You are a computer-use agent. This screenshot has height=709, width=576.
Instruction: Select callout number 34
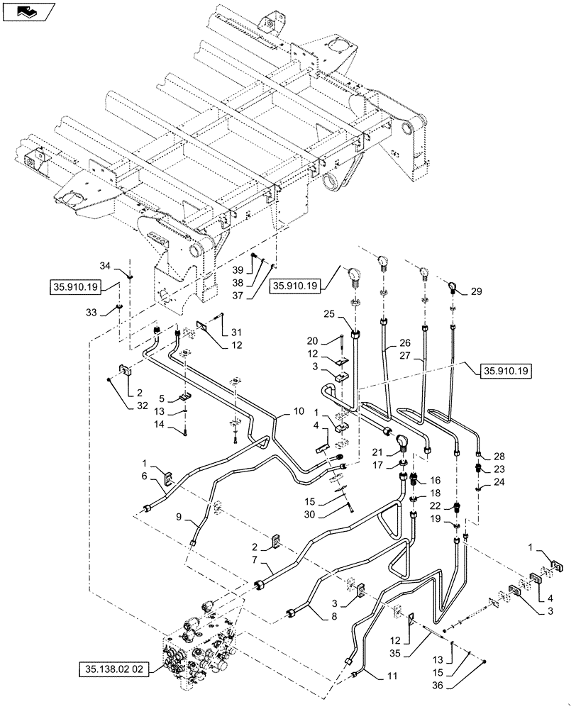[x=105, y=267]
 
